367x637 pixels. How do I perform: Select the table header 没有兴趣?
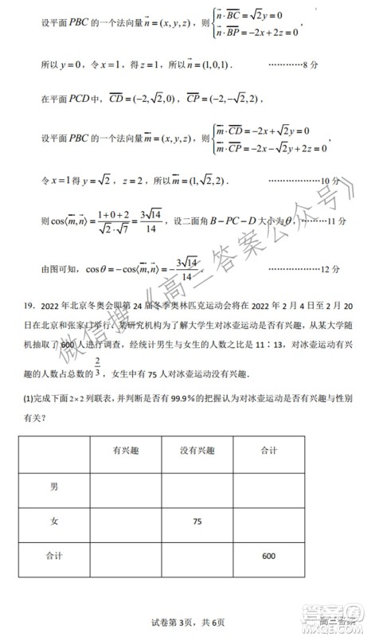click(195, 451)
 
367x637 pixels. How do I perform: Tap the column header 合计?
click(268, 451)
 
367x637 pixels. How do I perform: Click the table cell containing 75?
click(195, 521)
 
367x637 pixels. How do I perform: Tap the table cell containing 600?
click(268, 556)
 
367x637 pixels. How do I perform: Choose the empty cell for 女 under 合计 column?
click(268, 521)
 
